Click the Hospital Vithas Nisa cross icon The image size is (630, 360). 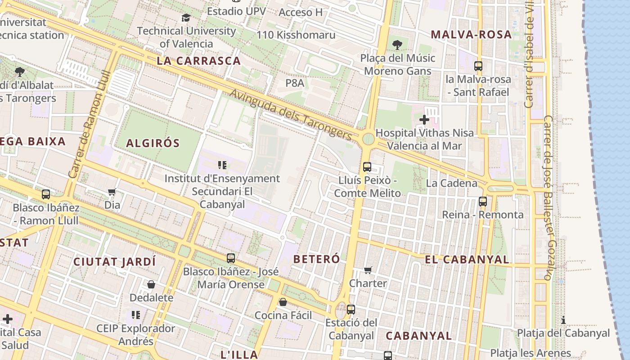[424, 120]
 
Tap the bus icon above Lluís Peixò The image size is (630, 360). [367, 167]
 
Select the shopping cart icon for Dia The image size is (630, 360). [112, 192]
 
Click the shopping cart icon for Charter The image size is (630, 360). [368, 270]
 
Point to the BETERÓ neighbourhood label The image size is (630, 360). [317, 259]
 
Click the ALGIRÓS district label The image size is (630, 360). [153, 144]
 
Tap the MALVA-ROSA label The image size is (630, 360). [471, 35]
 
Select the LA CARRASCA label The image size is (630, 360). [199, 61]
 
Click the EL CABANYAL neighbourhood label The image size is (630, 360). [467, 260]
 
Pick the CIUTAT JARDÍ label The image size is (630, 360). [114, 261]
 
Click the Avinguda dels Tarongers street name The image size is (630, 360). [291, 114]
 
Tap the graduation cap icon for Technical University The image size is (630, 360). [186, 18]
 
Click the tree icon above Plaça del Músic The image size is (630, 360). [397, 45]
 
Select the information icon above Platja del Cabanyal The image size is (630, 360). [563, 320]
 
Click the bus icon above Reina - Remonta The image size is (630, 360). [483, 201]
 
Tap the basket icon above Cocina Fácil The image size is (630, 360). [283, 302]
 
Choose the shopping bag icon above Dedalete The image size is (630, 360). [151, 284]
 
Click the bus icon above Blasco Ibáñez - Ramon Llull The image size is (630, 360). [46, 194]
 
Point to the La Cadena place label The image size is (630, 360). [451, 183]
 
